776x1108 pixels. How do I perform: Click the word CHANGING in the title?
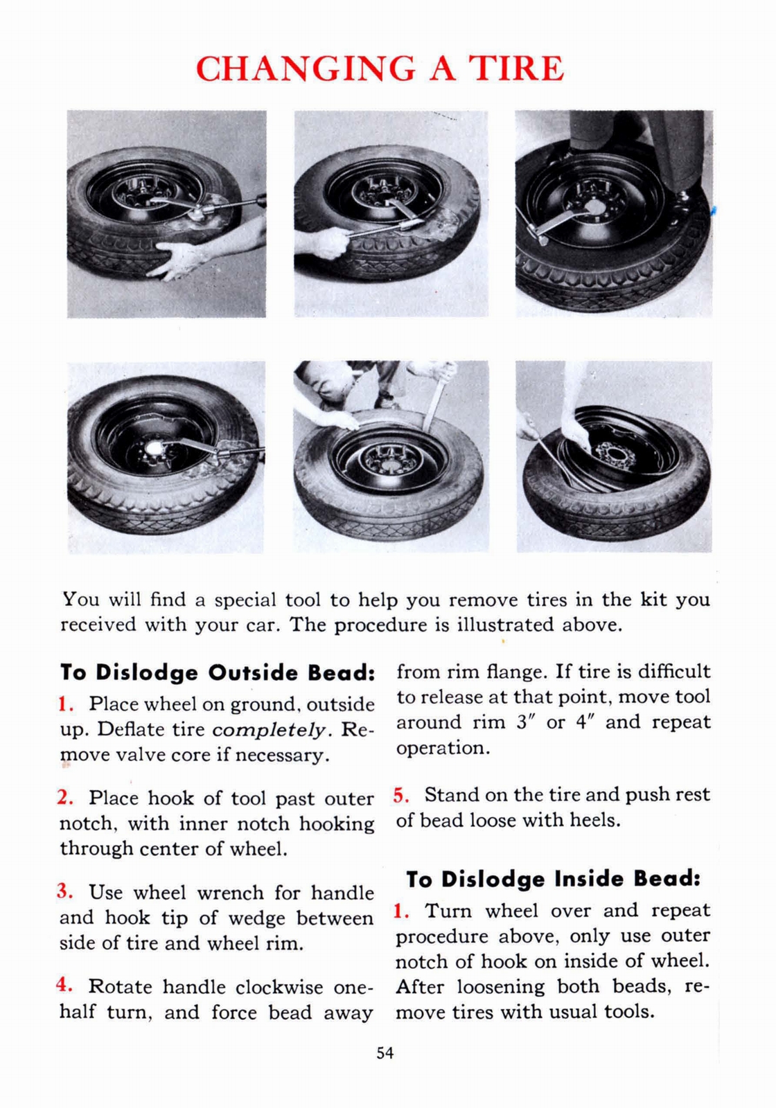point(306,69)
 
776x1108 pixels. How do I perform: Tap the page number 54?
point(385,1053)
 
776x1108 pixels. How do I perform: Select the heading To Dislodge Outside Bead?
point(218,672)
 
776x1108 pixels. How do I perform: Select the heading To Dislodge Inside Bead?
point(553,879)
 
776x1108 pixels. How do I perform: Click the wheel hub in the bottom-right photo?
point(615,454)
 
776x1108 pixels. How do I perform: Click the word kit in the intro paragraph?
point(651,599)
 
